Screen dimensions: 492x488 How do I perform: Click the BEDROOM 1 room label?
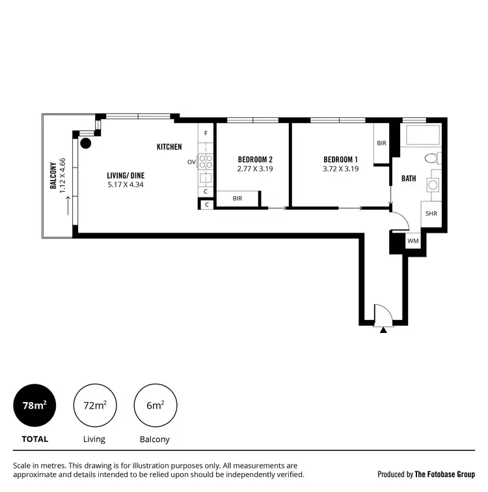(341, 160)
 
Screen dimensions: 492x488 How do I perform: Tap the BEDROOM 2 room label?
(255, 160)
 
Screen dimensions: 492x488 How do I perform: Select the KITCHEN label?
(169, 147)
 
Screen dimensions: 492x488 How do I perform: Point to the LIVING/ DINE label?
(126, 175)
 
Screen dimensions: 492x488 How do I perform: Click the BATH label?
(409, 178)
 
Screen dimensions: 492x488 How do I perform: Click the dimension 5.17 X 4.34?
(126, 185)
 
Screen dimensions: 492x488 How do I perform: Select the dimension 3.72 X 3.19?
(341, 169)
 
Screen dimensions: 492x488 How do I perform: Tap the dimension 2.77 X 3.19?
(255, 169)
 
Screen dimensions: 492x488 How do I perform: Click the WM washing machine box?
(413, 241)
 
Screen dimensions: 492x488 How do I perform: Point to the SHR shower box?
(431, 213)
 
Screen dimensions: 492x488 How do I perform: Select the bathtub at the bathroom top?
(423, 136)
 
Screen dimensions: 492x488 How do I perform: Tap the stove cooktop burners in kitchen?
(206, 162)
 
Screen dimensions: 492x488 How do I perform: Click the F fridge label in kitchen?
(206, 133)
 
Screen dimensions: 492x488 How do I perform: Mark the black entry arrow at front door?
(383, 330)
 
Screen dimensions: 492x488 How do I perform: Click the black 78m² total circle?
(35, 405)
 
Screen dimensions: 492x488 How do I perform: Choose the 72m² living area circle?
(95, 405)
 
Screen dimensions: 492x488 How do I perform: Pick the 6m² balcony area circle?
(155, 405)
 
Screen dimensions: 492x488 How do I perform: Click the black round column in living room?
(86, 143)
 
